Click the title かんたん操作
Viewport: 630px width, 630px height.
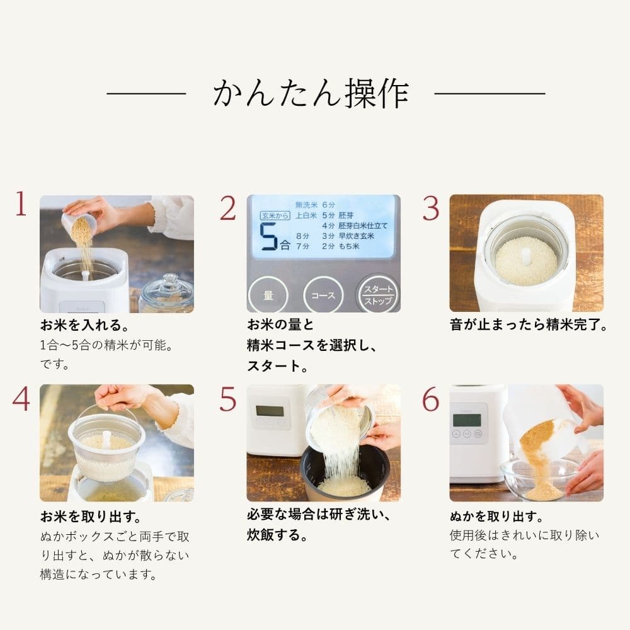[311, 94]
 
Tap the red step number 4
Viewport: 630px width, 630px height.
[21, 398]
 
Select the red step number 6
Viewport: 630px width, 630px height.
[430, 398]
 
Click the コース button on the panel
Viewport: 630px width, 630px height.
[323, 295]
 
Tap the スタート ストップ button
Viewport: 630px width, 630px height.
[377, 294]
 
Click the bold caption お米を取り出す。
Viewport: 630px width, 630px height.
[90, 517]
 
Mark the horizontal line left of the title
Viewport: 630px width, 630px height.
[146, 94]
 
